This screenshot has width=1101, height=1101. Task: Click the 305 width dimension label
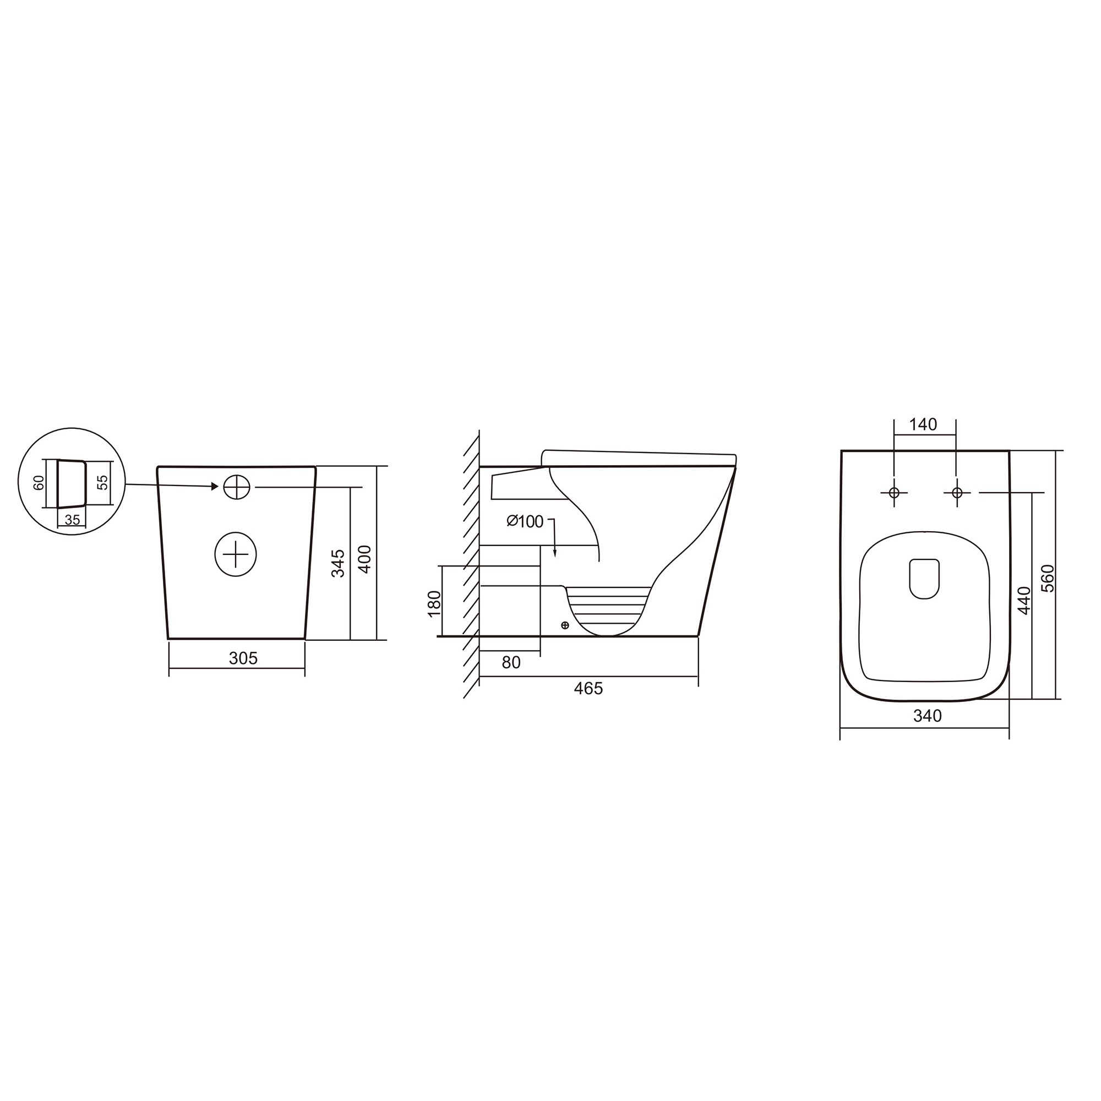[x=243, y=658]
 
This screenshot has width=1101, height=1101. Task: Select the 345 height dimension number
[x=339, y=563]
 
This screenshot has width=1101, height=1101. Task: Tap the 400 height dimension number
[x=365, y=559]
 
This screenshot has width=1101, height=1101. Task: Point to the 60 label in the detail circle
[x=39, y=483]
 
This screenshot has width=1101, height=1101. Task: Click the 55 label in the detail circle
[x=102, y=483]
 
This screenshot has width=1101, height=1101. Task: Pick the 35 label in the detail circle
[x=72, y=520]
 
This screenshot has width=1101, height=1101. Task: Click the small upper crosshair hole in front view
[x=237, y=487]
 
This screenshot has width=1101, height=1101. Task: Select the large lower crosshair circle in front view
[x=236, y=554]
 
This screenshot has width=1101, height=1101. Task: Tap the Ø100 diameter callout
[x=525, y=521]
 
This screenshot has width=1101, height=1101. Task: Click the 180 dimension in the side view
[x=434, y=603]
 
